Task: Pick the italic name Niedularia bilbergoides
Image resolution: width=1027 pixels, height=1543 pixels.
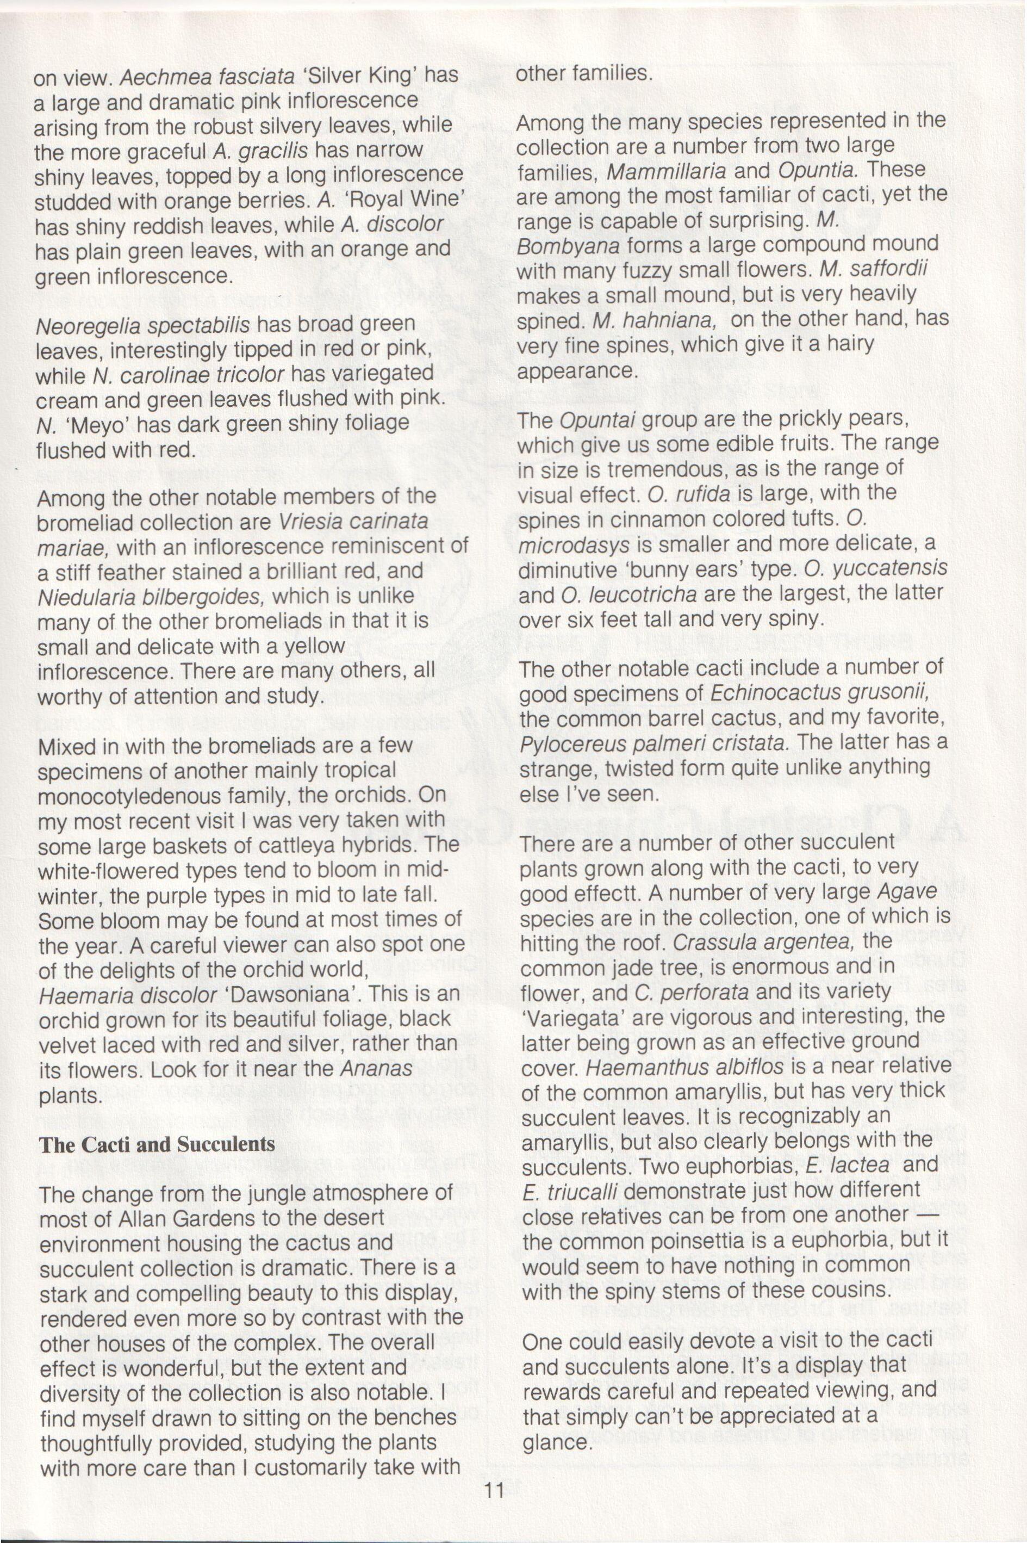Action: [151, 596]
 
